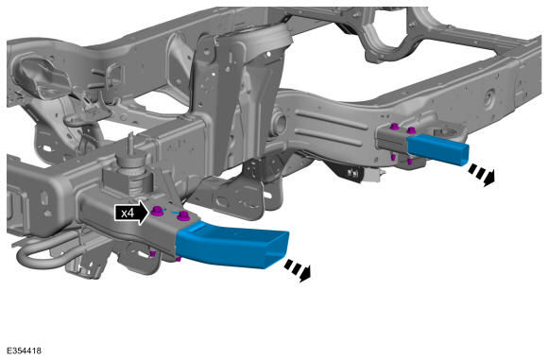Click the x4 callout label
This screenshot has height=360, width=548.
click(131, 213)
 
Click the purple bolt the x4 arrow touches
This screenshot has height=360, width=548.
click(157, 211)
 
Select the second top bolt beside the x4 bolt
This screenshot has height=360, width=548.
click(182, 216)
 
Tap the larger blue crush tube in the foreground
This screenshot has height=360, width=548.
click(231, 247)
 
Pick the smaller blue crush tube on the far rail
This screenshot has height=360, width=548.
click(437, 149)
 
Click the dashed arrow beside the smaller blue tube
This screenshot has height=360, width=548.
click(482, 175)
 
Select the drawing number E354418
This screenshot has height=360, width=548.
click(24, 351)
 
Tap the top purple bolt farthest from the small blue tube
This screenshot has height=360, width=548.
click(395, 127)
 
